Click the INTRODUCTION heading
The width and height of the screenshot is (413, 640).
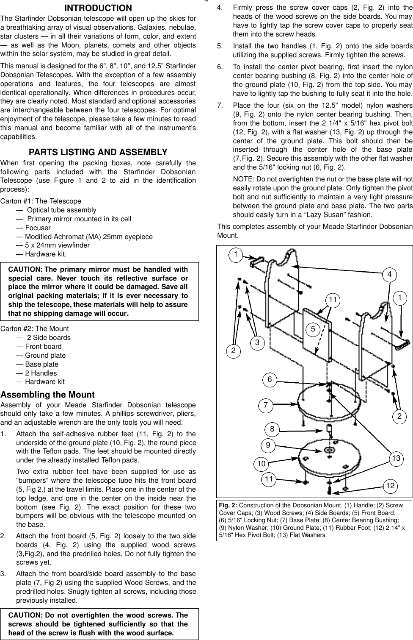pos(98,8)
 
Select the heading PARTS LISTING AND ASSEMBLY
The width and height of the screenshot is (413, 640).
pos(98,152)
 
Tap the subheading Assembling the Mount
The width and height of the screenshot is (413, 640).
pos(47,395)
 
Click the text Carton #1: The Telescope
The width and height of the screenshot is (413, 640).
pos(41,201)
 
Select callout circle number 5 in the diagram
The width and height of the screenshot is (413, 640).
pos(313,328)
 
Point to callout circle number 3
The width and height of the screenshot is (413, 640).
pos(257,342)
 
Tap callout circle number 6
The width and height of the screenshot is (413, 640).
pos(270,380)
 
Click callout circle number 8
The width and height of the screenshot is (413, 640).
pos(272,429)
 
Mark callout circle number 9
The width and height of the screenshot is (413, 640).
pos(268,445)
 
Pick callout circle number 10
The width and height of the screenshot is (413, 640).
pos(261,464)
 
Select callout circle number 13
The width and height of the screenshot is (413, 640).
pos(396,458)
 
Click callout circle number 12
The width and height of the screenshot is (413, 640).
pos(390,486)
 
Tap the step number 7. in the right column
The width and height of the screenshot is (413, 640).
pos(220,105)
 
